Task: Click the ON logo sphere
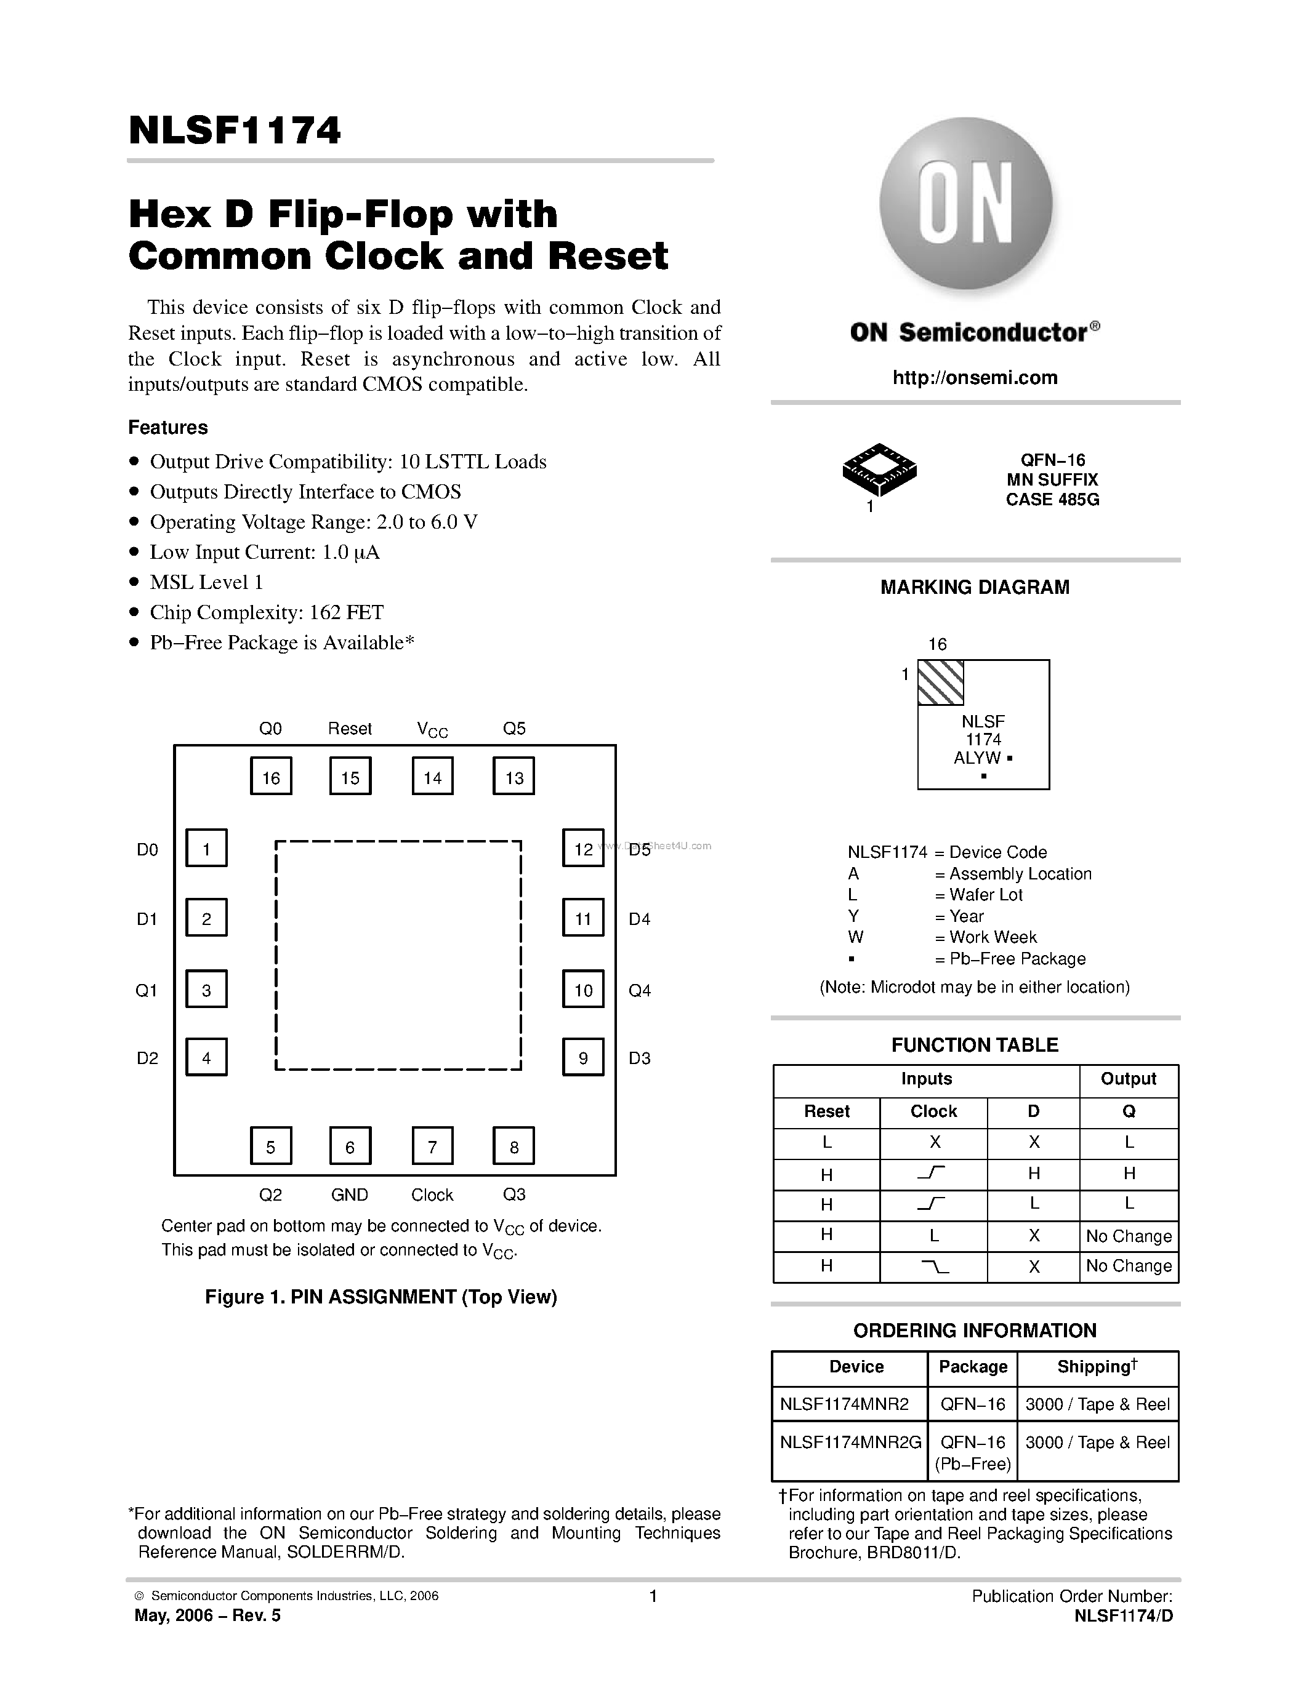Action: coord(965,203)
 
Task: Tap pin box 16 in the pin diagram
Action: coord(271,777)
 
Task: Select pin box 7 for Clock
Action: coord(432,1146)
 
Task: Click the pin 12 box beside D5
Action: coord(583,848)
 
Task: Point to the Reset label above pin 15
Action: coord(350,729)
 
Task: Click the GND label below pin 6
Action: coord(350,1195)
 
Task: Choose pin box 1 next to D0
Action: coord(206,848)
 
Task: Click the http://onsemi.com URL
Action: coord(975,377)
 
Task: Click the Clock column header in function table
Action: coord(933,1111)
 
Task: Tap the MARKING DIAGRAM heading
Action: coord(975,588)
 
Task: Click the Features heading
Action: coord(167,427)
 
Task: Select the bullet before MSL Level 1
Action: coord(134,582)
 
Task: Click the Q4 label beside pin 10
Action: coord(640,990)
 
